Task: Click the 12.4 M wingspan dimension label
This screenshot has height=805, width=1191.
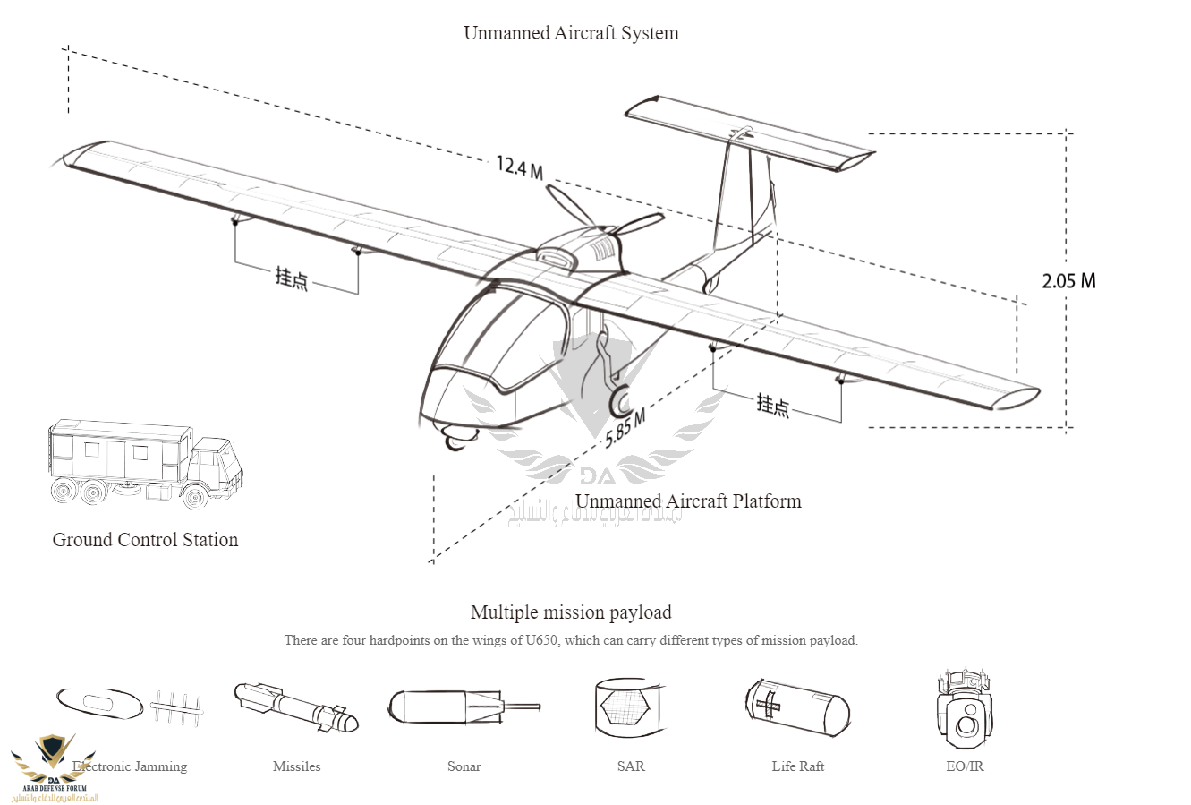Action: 520,167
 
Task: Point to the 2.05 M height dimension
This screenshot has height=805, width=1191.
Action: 1068,280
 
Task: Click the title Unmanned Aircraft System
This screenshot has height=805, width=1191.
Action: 571,33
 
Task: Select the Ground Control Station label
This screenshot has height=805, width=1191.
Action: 145,540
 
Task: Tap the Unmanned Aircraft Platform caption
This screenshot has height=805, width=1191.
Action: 688,501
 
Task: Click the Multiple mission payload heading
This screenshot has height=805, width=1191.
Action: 571,612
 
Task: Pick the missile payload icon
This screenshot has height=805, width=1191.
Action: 295,707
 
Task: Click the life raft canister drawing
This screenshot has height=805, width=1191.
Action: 796,707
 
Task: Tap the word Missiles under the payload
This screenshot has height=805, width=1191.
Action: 296,766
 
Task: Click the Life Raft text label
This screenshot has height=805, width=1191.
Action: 797,766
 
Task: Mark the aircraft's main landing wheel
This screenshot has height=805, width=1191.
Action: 619,403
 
